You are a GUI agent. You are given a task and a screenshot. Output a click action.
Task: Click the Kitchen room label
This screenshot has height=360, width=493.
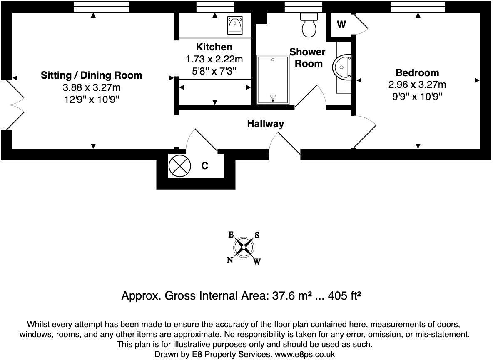click(x=214, y=47)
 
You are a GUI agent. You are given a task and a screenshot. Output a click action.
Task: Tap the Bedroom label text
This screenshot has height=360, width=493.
click(x=417, y=72)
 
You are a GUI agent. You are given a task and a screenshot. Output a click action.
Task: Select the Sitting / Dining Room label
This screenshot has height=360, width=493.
click(x=92, y=75)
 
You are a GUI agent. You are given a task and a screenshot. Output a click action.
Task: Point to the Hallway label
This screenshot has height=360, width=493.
click(x=265, y=124)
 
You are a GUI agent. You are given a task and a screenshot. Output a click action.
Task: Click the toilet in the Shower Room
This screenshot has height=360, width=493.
click(x=309, y=25)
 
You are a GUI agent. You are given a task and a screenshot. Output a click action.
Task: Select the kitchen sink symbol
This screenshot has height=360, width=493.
click(x=235, y=25)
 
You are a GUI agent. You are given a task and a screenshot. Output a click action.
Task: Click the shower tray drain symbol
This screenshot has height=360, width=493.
click(x=273, y=98)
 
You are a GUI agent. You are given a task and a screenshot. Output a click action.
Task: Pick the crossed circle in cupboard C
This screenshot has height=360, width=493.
click(x=180, y=165)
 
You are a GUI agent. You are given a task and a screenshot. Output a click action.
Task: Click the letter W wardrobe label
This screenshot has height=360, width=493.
click(x=341, y=24)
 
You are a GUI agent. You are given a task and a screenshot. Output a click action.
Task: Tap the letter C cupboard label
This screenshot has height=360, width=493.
click(x=205, y=165)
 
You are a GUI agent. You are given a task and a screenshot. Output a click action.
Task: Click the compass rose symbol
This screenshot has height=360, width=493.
click(x=244, y=247)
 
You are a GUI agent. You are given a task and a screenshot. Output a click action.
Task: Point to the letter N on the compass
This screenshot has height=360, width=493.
click(x=230, y=260)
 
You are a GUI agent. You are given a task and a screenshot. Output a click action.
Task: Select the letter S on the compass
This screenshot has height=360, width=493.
click(x=257, y=235)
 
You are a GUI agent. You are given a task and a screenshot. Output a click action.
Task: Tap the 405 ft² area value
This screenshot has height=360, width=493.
click(x=344, y=295)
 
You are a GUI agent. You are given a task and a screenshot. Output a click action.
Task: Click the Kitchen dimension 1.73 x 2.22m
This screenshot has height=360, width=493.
click(x=214, y=59)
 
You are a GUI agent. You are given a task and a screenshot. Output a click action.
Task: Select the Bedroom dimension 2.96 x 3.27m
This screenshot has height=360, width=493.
click(x=417, y=85)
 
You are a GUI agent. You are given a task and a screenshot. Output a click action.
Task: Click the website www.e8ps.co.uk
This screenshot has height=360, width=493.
click(x=305, y=354)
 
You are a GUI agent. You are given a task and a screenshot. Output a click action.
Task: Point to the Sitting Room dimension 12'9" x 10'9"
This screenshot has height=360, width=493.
click(x=92, y=100)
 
